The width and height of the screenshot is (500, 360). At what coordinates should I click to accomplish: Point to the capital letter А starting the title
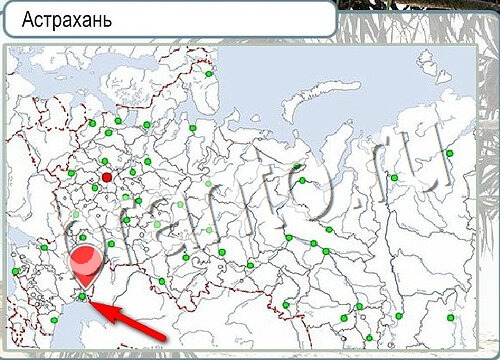click(29, 19)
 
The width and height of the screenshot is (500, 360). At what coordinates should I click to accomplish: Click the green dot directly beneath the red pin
click(82, 297)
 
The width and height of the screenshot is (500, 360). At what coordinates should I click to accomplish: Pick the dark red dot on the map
click(107, 178)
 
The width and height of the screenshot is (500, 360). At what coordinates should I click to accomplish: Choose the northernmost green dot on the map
click(209, 74)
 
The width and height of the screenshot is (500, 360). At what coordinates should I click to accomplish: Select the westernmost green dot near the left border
click(16, 270)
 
